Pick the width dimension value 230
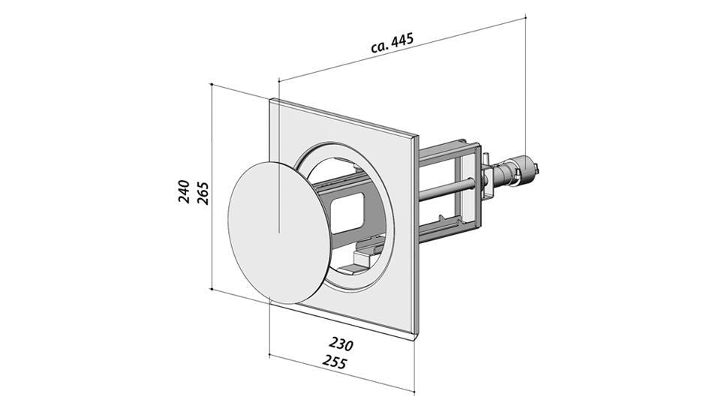pyautogui.click(x=340, y=344)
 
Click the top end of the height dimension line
pyautogui.click(x=213, y=85)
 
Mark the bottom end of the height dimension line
pyautogui.click(x=213, y=288)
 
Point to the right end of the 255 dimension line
pyautogui.click(x=414, y=390)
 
